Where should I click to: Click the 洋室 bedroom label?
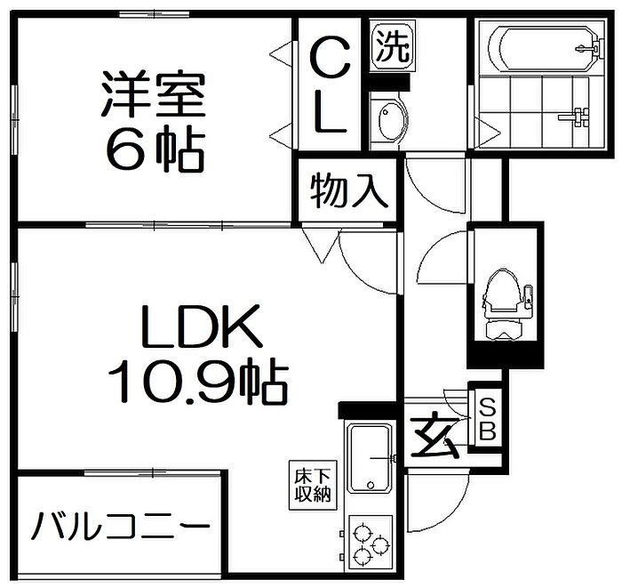tap(151, 96)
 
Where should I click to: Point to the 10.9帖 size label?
tap(196, 383)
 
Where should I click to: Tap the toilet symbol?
tap(505, 298)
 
